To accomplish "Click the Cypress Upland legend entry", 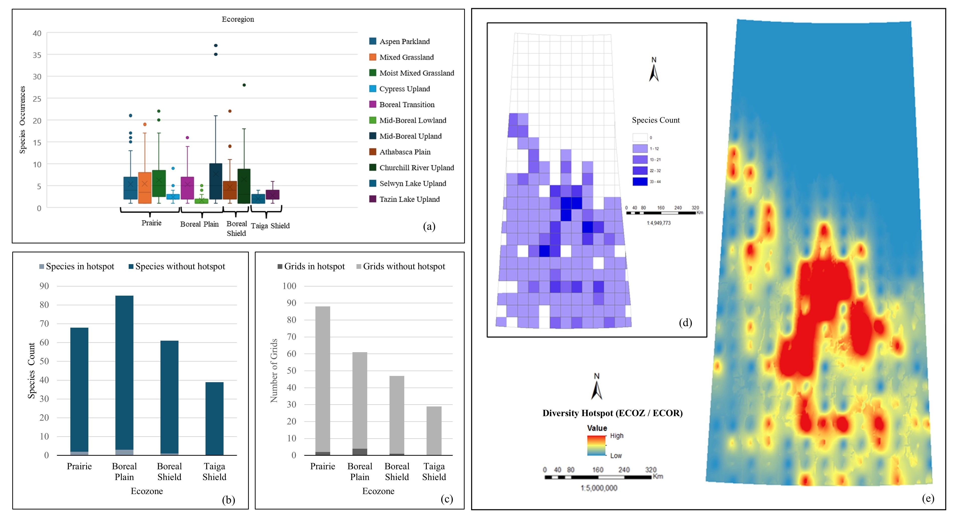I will coord(404,89).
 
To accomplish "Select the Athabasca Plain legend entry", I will coord(405,152).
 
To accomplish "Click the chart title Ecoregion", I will coord(238,19).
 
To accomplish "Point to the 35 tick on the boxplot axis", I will coord(37,55).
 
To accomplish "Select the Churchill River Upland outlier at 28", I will coord(244,85).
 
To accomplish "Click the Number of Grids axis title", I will coord(274,370).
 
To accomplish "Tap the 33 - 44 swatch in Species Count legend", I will coord(640,182).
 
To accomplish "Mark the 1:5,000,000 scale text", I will coord(599,488).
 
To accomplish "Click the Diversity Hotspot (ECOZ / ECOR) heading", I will coord(612,413).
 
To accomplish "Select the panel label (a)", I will coord(429,226).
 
